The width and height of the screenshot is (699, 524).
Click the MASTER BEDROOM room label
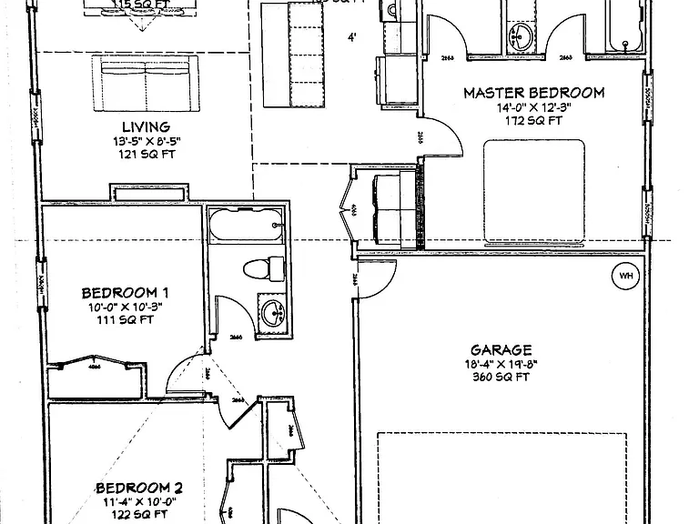(533, 92)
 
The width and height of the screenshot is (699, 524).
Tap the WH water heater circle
(625, 276)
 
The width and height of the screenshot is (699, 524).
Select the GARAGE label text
(501, 349)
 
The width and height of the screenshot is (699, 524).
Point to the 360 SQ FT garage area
(501, 378)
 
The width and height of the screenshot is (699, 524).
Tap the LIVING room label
(146, 126)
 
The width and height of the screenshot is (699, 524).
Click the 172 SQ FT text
(532, 120)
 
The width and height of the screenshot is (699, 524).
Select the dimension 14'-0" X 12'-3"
(532, 106)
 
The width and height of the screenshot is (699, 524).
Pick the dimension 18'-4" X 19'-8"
(501, 364)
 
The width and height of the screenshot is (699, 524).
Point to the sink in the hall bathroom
(271, 314)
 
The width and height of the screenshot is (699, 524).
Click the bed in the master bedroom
(532, 192)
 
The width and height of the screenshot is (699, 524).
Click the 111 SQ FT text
(125, 321)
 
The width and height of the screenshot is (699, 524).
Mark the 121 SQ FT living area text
(146, 154)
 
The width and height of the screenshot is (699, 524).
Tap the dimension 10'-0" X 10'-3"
(125, 307)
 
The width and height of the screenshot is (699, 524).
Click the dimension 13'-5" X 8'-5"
(146, 141)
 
